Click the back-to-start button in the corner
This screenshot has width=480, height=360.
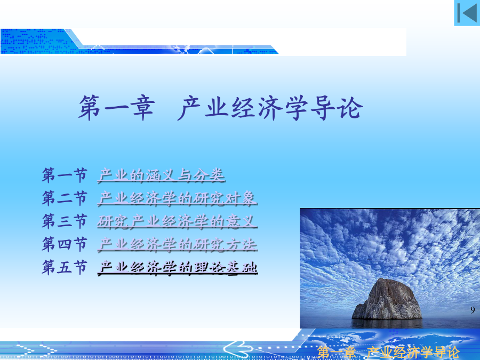(467, 13)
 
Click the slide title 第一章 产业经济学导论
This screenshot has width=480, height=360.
(221, 107)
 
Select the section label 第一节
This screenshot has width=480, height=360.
(65, 175)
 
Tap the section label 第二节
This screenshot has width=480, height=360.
(65, 198)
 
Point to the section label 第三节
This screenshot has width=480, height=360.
(65, 221)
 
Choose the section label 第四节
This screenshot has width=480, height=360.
(65, 244)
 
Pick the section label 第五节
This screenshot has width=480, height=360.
(65, 267)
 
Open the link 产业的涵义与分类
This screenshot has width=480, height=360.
(162, 175)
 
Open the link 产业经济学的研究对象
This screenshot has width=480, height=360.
(178, 198)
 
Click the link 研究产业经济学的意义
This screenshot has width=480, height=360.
(178, 221)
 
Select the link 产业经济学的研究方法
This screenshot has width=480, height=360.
(178, 244)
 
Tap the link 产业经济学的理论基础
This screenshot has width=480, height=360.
(178, 268)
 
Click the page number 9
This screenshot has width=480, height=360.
(473, 310)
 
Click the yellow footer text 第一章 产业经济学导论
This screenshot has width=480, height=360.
(388, 353)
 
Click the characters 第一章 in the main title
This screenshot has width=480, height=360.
(116, 107)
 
